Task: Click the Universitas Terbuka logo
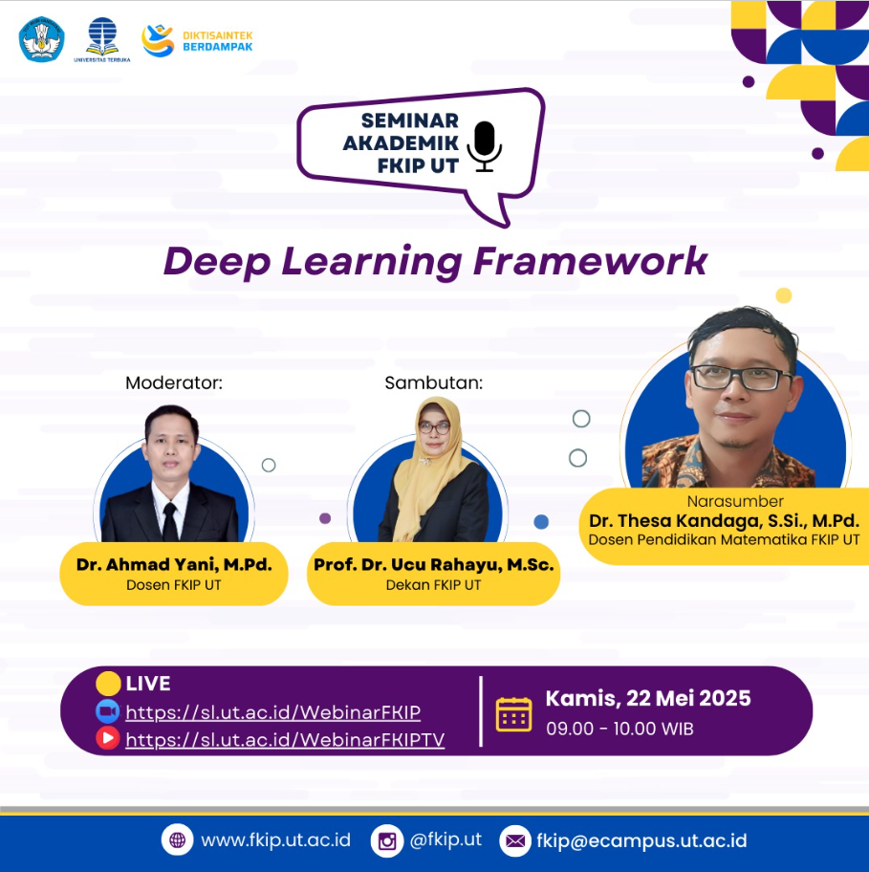(102, 39)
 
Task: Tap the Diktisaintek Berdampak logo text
(217, 41)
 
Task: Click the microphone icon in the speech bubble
(485, 146)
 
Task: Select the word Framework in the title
(590, 261)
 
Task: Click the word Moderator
(173, 382)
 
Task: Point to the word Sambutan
(434, 382)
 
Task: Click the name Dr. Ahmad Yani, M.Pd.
(174, 564)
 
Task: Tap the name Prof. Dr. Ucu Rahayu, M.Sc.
(434, 564)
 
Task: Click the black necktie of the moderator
(170, 522)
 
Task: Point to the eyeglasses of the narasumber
(742, 377)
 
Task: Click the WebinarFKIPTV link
(285, 740)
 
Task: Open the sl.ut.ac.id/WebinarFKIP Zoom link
(273, 712)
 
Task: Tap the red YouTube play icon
(107, 738)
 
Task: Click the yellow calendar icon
(513, 714)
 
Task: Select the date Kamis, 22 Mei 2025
(648, 699)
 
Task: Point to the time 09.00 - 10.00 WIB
(619, 729)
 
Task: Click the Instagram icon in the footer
(387, 840)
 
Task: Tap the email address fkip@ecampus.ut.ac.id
(641, 840)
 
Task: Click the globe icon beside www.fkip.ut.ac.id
(178, 839)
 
